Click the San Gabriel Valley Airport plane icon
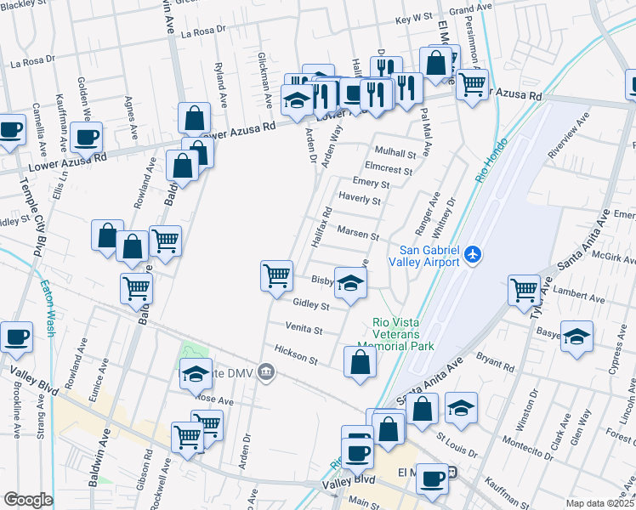click(474, 254)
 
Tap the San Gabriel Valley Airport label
click(429, 255)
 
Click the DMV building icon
click(266, 371)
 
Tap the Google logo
click(28, 500)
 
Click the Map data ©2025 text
click(600, 503)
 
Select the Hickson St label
click(295, 355)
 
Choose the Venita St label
click(304, 329)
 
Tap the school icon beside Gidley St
click(349, 283)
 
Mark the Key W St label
click(415, 18)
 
